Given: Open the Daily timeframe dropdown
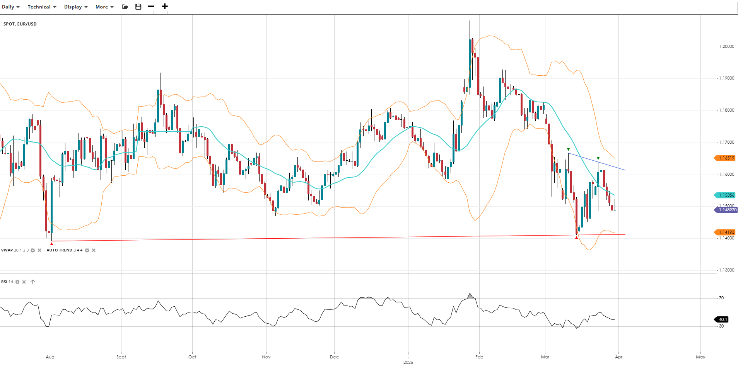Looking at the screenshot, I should pos(10,7).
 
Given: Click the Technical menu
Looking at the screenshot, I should pos(42,7).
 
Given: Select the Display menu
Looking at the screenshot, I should pos(76,7).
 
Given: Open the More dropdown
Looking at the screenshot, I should pos(104,7).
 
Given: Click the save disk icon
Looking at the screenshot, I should pos(138,7).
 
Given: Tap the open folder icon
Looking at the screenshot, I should pos(125,7).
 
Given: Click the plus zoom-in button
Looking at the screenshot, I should pos(165,6).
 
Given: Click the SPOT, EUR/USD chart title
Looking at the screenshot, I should pos(20,24).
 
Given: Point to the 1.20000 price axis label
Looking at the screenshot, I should pos(726,46).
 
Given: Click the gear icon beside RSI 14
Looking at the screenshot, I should pos(17,282).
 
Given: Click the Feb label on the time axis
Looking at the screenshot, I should pos(479,357).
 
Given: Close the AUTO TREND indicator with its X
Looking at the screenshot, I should pos(94,250).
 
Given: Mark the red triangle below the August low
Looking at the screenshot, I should pos(51,244).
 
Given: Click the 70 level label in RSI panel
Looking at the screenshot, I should pos(721,298).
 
